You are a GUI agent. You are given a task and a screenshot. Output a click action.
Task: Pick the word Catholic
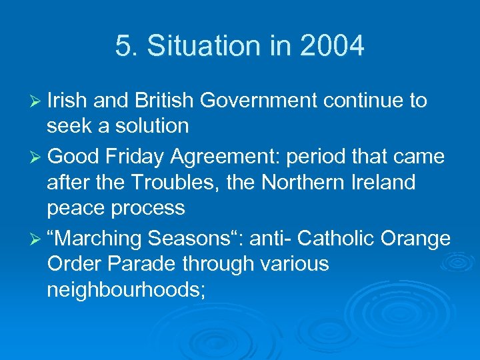coord(334,238)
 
